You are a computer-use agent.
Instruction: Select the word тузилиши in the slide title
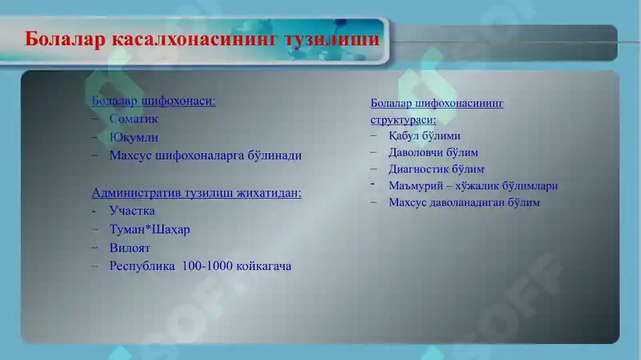tap(332, 39)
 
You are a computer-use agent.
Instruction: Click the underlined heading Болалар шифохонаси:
tap(153, 101)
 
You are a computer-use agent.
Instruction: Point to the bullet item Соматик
tap(133, 119)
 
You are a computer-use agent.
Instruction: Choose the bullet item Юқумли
tap(134, 137)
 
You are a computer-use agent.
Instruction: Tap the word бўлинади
tap(273, 155)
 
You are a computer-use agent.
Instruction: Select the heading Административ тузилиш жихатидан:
tap(196, 193)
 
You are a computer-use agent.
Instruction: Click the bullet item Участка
tap(132, 211)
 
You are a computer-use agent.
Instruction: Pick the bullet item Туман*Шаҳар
tap(149, 230)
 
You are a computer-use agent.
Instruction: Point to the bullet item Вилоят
tap(129, 248)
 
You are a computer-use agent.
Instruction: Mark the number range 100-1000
tap(207, 266)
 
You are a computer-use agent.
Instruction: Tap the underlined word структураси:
tap(403, 120)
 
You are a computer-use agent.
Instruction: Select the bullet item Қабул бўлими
tap(424, 136)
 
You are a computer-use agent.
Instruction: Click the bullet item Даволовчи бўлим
tap(433, 153)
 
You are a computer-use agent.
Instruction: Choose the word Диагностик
tap(418, 169)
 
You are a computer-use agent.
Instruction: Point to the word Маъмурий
tap(414, 186)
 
